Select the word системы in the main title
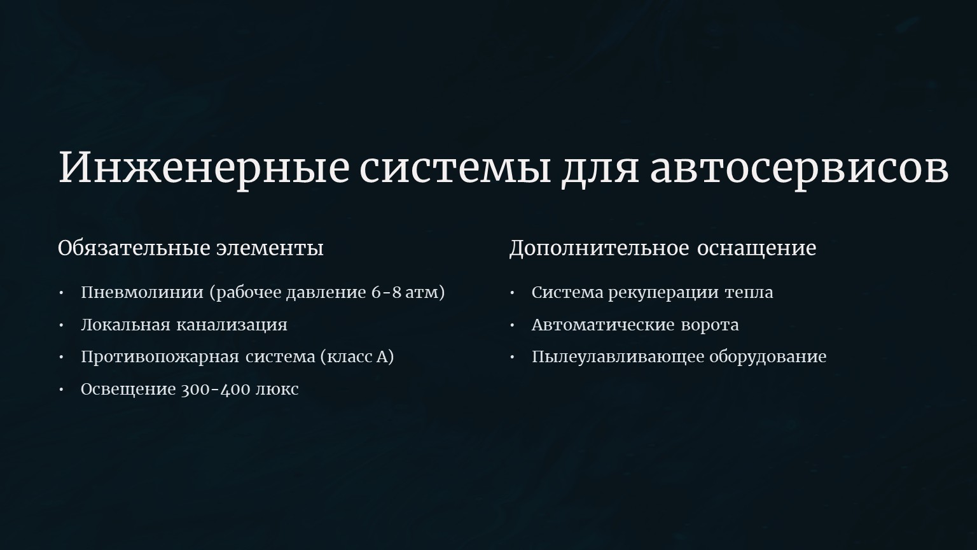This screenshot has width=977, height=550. pyautogui.click(x=455, y=167)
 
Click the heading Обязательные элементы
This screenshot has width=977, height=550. pyautogui.click(x=191, y=248)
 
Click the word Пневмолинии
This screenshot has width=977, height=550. pyautogui.click(x=142, y=292)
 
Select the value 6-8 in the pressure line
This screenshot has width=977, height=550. pyautogui.click(x=386, y=292)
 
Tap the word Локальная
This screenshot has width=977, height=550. pyautogui.click(x=125, y=325)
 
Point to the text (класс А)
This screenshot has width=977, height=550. pyautogui.click(x=357, y=357)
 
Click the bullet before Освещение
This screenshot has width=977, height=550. pyautogui.click(x=62, y=390)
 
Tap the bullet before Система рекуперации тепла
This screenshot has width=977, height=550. pyautogui.click(x=513, y=292)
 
